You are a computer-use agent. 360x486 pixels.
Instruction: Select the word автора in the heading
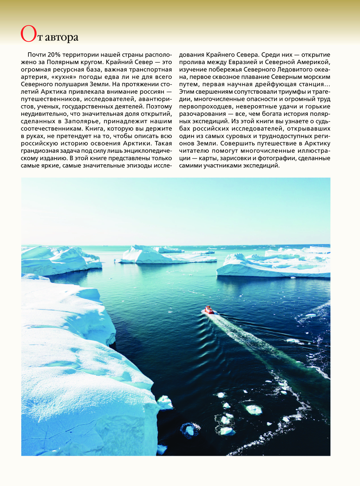(x=61, y=37)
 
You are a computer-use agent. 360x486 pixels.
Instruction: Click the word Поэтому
(x=159, y=106)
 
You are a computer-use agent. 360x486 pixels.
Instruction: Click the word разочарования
(x=202, y=114)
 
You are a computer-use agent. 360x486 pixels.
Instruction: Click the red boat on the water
(x=209, y=310)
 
